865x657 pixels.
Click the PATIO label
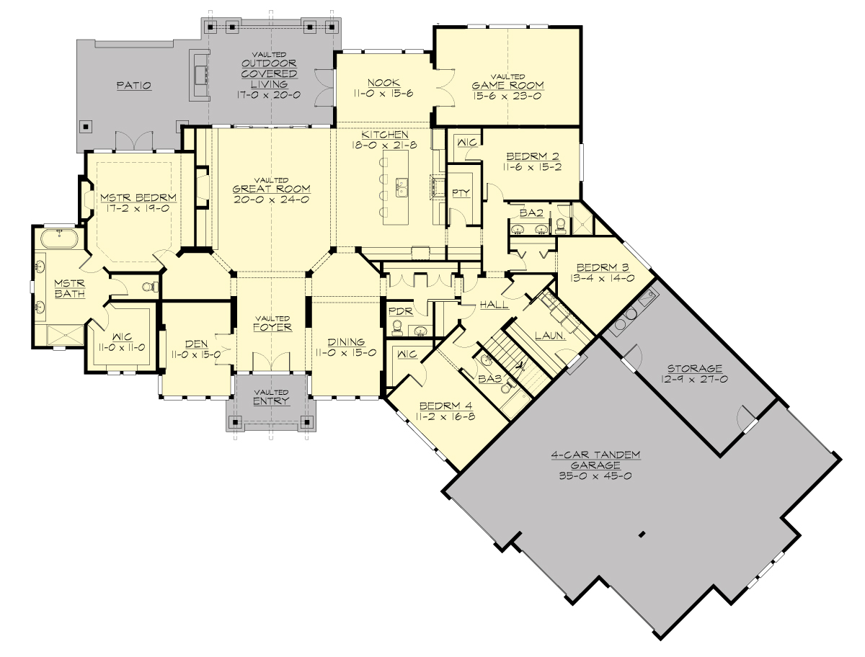tap(134, 86)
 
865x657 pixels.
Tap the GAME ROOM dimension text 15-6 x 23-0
tap(507, 95)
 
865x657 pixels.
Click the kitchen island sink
tap(402, 188)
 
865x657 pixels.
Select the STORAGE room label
tap(694, 368)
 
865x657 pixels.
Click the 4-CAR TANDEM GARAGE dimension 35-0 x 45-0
tap(585, 476)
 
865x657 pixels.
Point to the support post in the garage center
tap(641, 535)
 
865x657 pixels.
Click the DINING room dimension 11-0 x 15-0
tap(346, 353)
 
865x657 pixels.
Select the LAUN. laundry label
tap(549, 336)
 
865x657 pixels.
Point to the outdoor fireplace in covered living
tap(200, 74)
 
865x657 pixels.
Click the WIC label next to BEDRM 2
tap(467, 142)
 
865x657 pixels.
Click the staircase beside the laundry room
tap(513, 360)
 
